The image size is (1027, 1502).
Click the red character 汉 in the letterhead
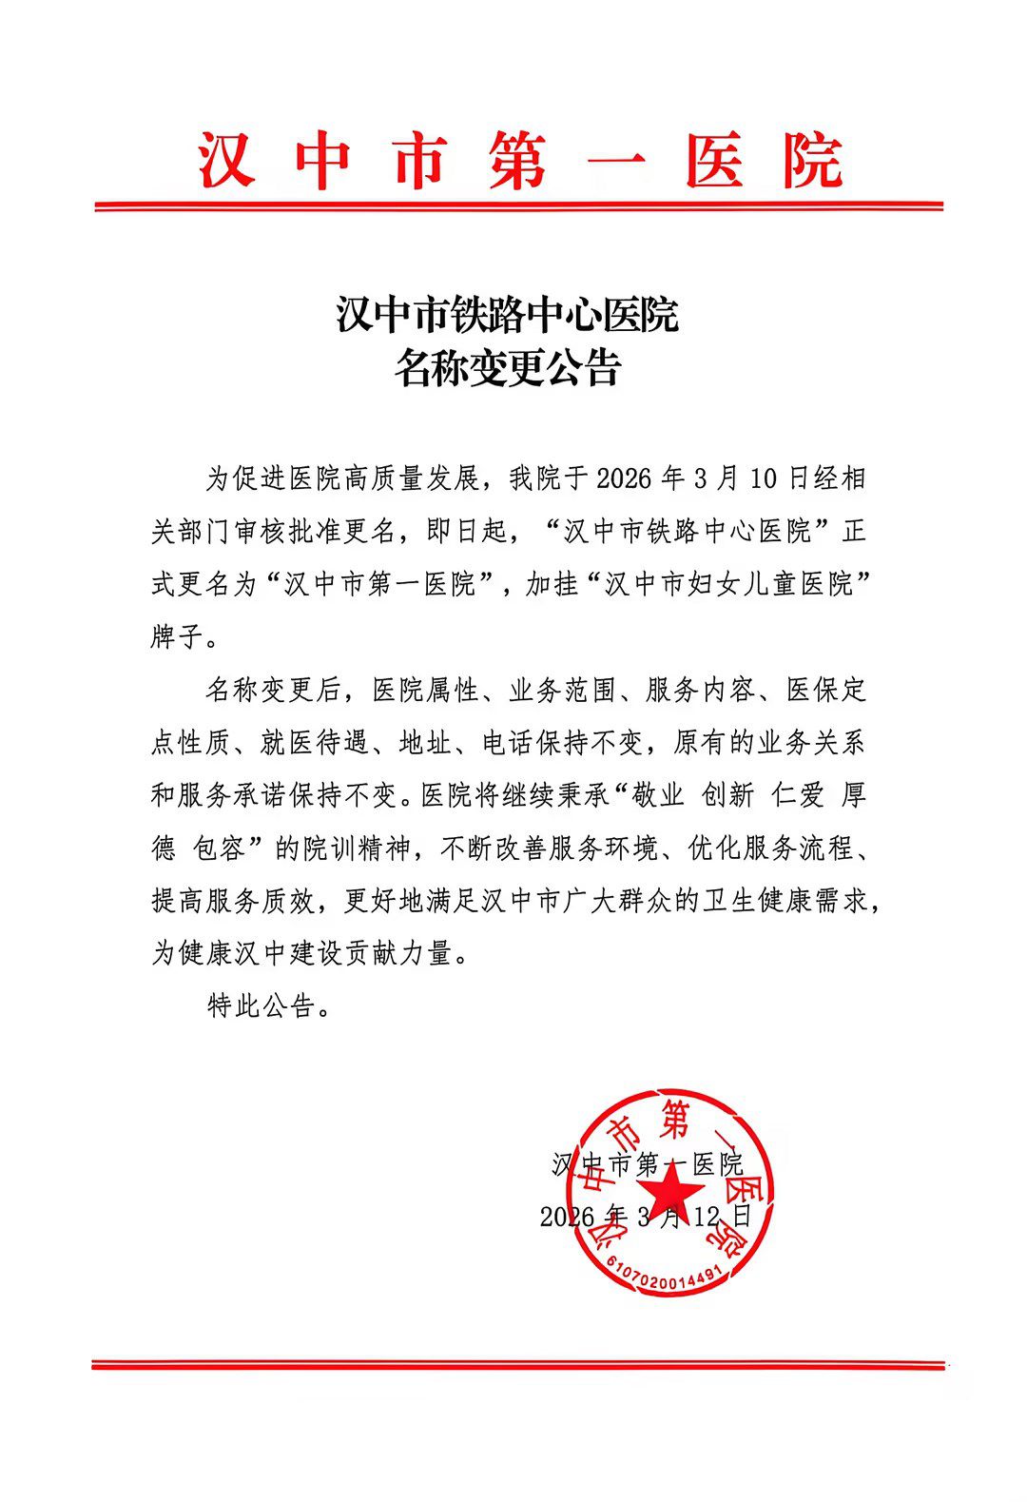tap(227, 160)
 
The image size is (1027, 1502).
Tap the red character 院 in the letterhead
tap(812, 160)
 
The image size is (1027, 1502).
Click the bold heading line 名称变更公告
tap(508, 368)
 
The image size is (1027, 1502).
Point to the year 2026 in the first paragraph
tap(624, 478)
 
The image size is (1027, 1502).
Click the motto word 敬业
tap(659, 795)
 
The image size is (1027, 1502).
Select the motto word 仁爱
tap(798, 795)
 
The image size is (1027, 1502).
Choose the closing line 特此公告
tap(261, 1005)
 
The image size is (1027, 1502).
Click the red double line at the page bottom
tap(518, 1365)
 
